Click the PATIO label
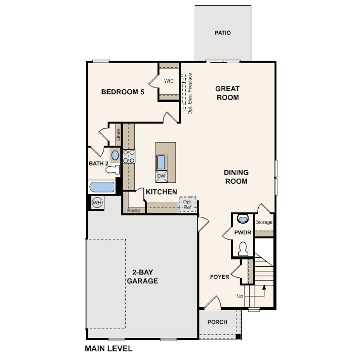coord(223,33)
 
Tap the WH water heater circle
coord(97,203)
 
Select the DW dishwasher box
coord(161,176)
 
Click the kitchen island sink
coord(161,162)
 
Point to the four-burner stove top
coord(129,156)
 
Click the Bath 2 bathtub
coord(102,187)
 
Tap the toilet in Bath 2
coord(113,170)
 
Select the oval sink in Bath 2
coord(115,156)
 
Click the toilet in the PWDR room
coord(243,249)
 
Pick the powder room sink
coord(243,219)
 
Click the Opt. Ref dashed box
coord(188,204)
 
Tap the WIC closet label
coord(169,81)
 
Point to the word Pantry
coord(134,210)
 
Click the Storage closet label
coord(264,222)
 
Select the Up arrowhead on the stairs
coord(264,287)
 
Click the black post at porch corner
coord(238,336)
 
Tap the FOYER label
coord(220,277)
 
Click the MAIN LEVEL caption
coord(108,348)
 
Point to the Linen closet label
coord(118,135)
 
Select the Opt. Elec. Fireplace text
coord(190,94)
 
